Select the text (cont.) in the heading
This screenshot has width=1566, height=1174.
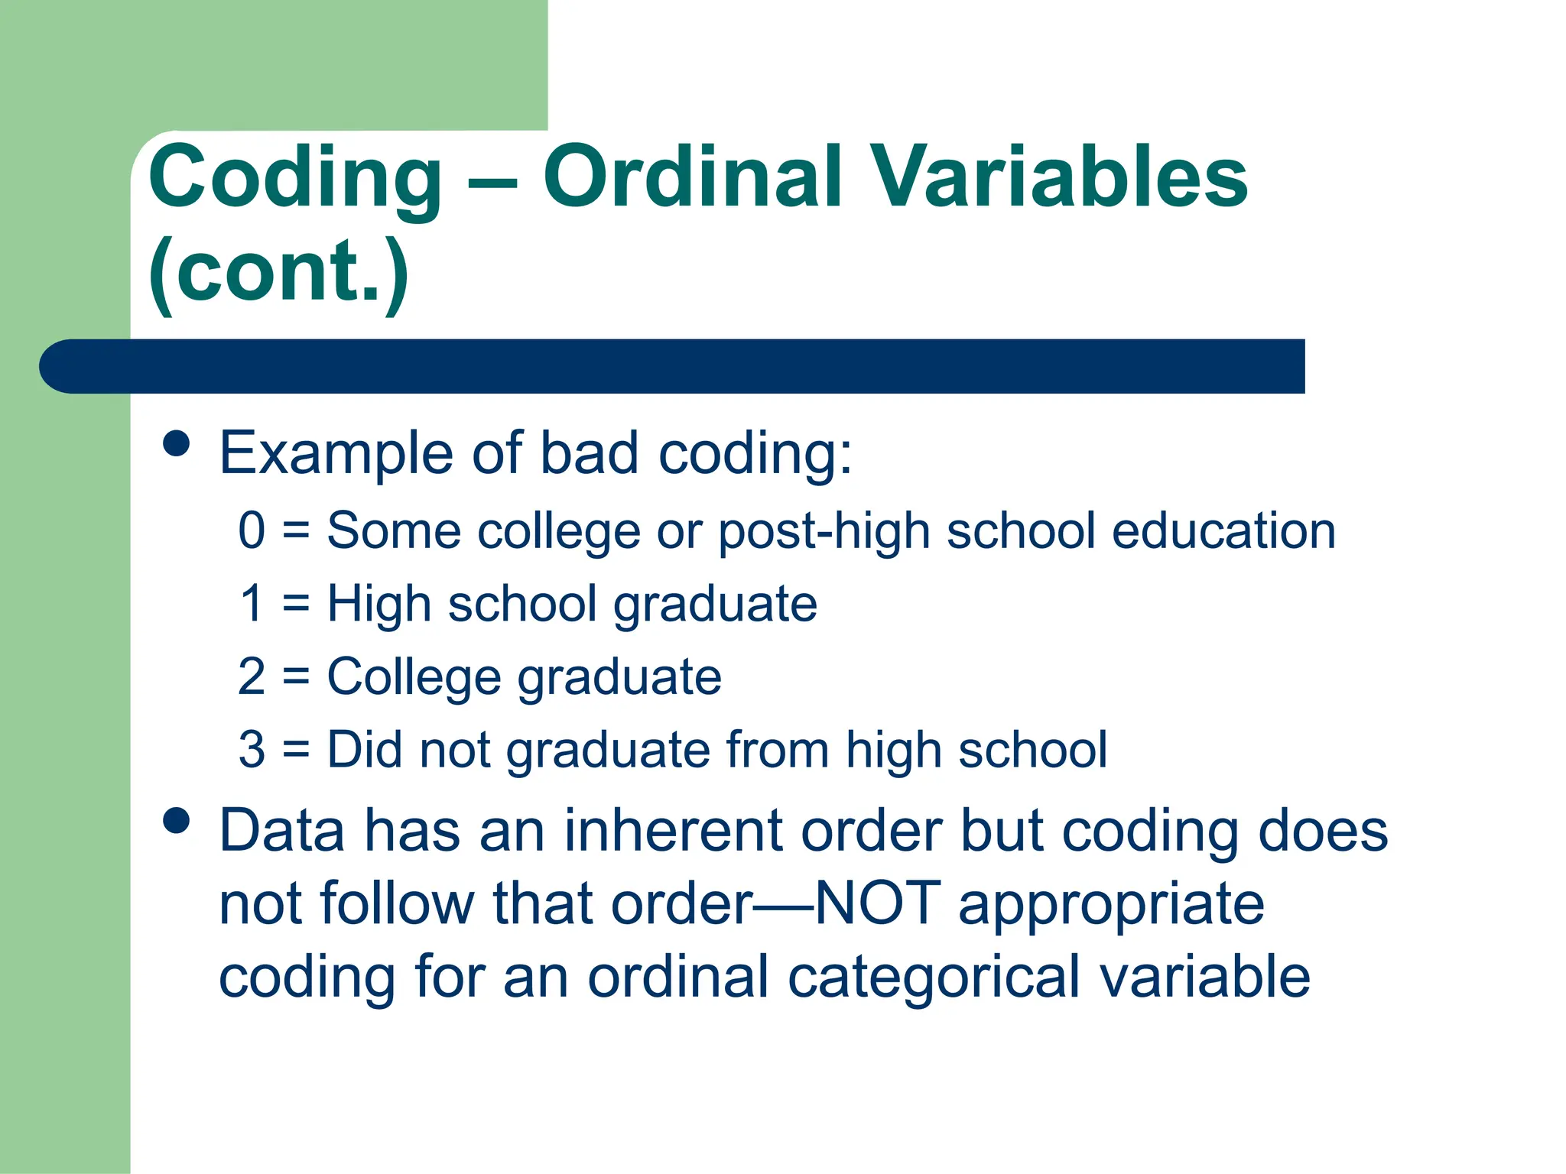tap(278, 271)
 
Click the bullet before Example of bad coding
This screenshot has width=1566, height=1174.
tap(177, 443)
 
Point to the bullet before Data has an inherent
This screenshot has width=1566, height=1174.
tap(177, 821)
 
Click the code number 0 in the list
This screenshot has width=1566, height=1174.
tap(252, 530)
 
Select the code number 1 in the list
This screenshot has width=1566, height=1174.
tap(252, 603)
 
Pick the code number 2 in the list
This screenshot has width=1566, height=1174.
tap(252, 676)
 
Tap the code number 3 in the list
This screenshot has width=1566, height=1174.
tap(252, 749)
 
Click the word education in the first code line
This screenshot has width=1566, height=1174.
tap(1223, 530)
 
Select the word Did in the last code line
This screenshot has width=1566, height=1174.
tap(364, 749)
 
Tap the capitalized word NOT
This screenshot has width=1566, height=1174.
tap(877, 903)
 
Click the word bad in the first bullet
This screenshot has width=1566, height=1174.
tap(589, 452)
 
